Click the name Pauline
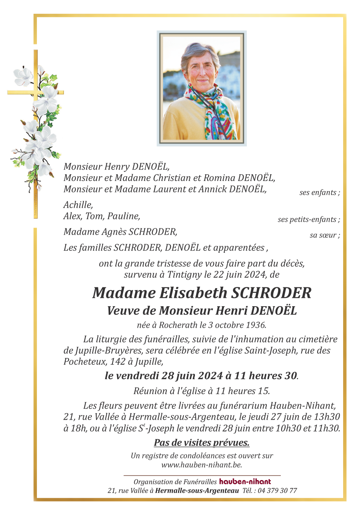[x=126, y=216]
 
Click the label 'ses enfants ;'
[x=320, y=193]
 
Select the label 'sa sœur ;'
[x=325, y=236]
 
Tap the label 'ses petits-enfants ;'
[x=309, y=220]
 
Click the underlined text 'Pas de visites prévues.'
[x=202, y=443]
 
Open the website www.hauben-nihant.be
[x=202, y=465]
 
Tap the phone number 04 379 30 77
[x=277, y=491]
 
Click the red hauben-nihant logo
[x=245, y=482]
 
